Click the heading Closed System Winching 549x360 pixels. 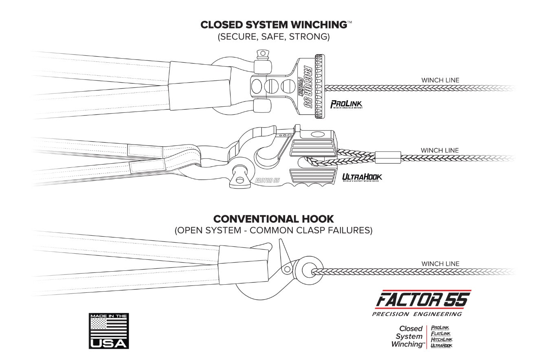273,24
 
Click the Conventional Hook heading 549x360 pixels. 273,219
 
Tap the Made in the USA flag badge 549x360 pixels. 109,331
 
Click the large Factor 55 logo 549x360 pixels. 422,300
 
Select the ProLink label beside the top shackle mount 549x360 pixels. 346,105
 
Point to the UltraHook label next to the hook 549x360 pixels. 362,177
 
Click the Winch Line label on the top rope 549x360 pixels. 440,80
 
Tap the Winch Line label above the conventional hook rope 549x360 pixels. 440,264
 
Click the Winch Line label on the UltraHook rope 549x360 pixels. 439,150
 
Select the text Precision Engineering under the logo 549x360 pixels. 417,314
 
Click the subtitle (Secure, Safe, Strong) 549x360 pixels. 273,37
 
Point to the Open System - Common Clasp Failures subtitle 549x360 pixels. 273,230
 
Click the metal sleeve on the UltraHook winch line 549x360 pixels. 387,156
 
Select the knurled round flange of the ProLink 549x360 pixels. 319,87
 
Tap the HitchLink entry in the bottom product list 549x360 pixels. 441,340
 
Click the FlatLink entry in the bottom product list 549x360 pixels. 440,334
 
